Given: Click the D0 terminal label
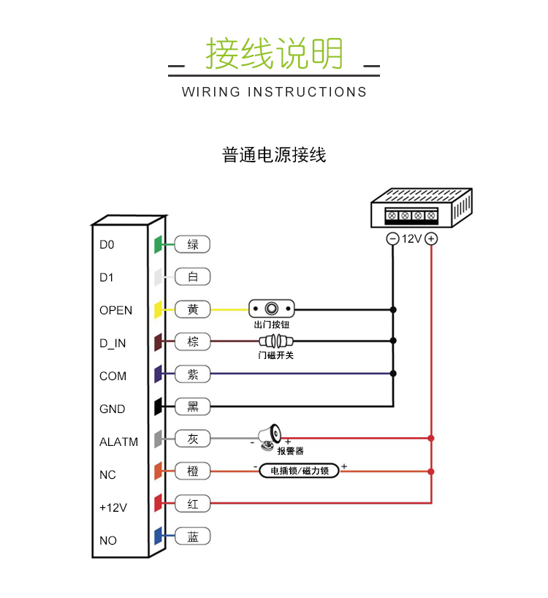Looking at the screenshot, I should pyautogui.click(x=107, y=245).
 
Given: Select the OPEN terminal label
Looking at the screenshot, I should pyautogui.click(x=115, y=311).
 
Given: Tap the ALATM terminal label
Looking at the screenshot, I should pyautogui.click(x=118, y=442).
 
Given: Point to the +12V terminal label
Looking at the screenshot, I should pyautogui.click(x=113, y=508).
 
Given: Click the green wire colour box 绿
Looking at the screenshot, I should pyautogui.click(x=193, y=244).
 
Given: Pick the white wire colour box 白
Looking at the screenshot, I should pyautogui.click(x=193, y=277).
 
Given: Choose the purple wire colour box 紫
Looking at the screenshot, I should pyautogui.click(x=193, y=374).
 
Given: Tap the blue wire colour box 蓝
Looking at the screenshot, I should pyautogui.click(x=193, y=537).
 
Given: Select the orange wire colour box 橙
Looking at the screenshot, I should pyautogui.click(x=193, y=472).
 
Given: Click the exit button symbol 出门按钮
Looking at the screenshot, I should pyautogui.click(x=272, y=309).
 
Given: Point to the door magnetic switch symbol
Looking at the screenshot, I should pyautogui.click(x=275, y=341).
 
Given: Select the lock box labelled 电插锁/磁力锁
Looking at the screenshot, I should pyautogui.click(x=300, y=471).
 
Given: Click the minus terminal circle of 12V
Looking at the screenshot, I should pyautogui.click(x=392, y=239).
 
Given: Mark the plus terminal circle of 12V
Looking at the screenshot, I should pyautogui.click(x=431, y=239).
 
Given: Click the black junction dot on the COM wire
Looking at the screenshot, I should pyautogui.click(x=393, y=374).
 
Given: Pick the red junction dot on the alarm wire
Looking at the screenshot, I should pyautogui.click(x=431, y=439).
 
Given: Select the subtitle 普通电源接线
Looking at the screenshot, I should pyautogui.click(x=274, y=155).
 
